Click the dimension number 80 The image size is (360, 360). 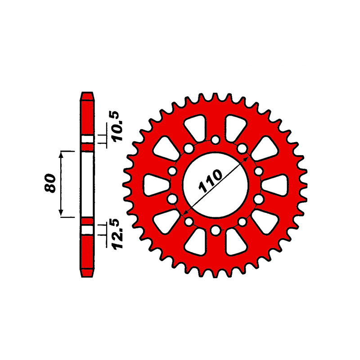click(x=50, y=183)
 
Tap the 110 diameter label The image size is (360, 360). click(x=211, y=181)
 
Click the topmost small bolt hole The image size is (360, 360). click(x=216, y=139)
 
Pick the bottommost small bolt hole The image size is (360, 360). click(x=216, y=230)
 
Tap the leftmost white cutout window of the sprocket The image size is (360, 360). click(x=156, y=185)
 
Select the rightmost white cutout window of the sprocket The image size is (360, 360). click(x=274, y=185)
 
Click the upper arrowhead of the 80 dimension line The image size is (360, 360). click(x=61, y=154)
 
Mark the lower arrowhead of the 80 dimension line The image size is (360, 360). click(x=61, y=213)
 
